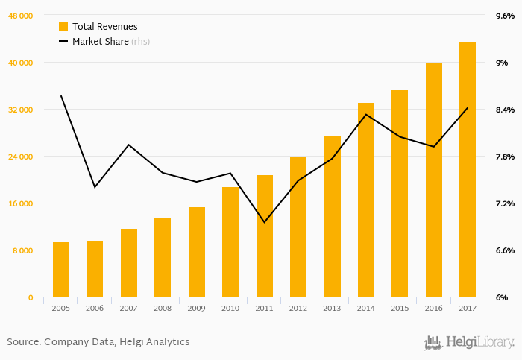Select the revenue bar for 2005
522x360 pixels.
point(61,270)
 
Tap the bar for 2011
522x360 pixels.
point(265,236)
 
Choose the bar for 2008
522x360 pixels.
point(163,258)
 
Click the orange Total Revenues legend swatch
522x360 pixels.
point(63,26)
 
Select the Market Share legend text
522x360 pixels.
point(100,41)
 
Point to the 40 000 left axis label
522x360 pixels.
point(21,63)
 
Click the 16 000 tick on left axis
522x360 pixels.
point(21,203)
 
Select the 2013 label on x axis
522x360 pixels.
point(332,307)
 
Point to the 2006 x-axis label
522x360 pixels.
point(95,307)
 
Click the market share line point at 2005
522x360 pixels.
point(61,95)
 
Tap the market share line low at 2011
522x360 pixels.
point(265,222)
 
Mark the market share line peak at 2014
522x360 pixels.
point(366,114)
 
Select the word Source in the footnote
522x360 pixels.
point(23,342)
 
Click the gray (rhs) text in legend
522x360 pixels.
point(140,41)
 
